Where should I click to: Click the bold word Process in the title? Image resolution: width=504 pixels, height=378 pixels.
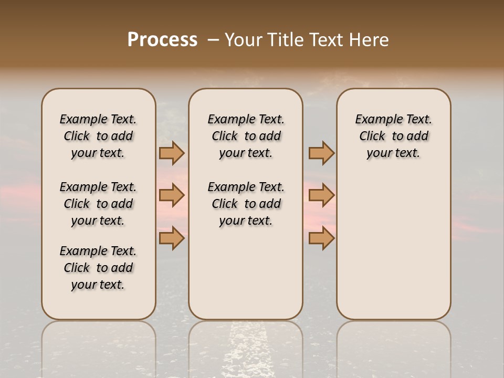coord(162,40)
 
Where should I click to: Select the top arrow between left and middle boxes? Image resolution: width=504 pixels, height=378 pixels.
coord(171,153)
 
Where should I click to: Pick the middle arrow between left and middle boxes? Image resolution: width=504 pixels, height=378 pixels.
coord(171,195)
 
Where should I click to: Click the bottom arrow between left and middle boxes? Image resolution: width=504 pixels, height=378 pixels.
coord(171,238)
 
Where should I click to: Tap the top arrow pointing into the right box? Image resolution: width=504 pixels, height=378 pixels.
coord(321,153)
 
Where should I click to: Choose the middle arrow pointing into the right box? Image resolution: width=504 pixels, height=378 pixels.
coord(321,195)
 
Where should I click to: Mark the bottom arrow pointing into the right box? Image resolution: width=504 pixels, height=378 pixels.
coord(321,238)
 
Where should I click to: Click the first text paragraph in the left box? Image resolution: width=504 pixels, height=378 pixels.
coord(98,136)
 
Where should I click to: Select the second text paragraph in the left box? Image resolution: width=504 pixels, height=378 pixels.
coord(98,204)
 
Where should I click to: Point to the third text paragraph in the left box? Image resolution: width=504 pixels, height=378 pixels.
coord(98,268)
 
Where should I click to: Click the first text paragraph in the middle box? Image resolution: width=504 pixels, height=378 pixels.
coord(246,136)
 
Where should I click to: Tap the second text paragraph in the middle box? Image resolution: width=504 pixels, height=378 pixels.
coord(246,204)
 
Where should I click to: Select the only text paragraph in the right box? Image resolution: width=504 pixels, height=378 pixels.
coord(393,136)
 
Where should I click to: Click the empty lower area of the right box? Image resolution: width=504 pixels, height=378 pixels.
coord(393,252)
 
